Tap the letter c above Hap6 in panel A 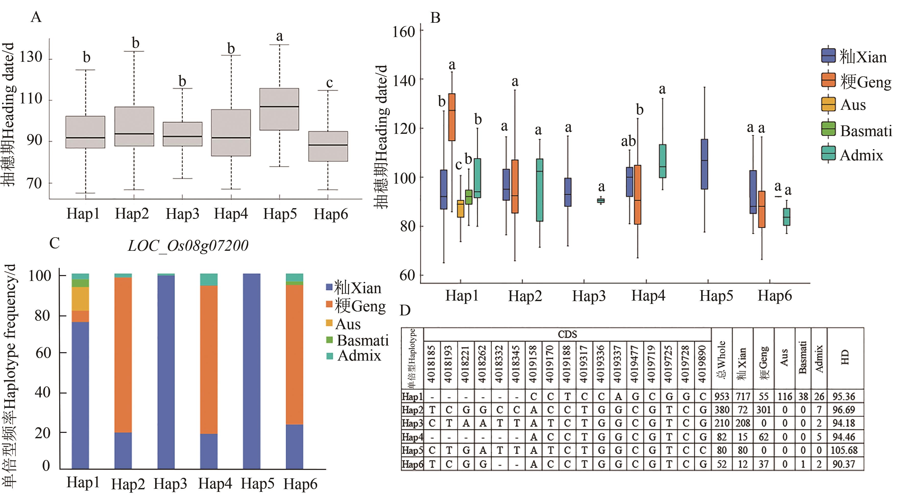(x=329, y=83)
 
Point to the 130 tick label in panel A (x=31, y=57)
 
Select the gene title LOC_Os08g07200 (x=188, y=245)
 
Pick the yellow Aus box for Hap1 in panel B (x=461, y=209)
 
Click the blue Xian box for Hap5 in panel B (x=704, y=164)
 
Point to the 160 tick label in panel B (x=404, y=32)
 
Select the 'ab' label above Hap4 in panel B (x=628, y=141)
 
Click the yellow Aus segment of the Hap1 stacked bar (x=80, y=299)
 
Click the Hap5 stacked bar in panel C (x=252, y=371)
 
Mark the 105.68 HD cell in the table (x=844, y=450)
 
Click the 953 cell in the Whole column (x=722, y=397)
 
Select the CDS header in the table (x=567, y=334)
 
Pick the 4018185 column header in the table (x=432, y=364)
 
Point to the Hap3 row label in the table (x=412, y=423)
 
